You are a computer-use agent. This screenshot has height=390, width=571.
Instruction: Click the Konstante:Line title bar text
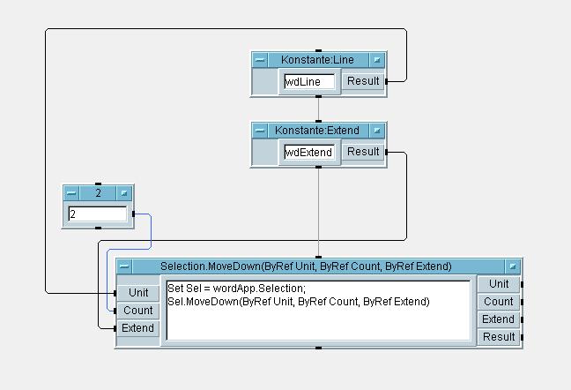(317, 60)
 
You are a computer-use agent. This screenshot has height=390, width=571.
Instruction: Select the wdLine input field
(308, 81)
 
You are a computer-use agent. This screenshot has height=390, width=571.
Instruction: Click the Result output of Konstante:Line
(362, 81)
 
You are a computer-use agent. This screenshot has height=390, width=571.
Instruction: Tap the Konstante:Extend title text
(317, 131)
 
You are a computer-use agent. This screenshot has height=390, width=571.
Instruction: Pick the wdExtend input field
(308, 152)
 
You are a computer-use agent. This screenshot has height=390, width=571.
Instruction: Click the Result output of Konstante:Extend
(362, 152)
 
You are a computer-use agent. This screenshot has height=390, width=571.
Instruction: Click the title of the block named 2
(98, 192)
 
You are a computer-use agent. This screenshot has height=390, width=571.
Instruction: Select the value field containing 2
(97, 214)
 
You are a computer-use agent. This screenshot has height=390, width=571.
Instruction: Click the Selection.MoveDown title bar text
(306, 266)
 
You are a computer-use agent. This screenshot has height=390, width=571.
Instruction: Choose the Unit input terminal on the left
(138, 293)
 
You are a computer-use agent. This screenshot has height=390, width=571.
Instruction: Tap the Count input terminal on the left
(138, 311)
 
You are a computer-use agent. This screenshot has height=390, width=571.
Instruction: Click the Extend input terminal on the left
(138, 328)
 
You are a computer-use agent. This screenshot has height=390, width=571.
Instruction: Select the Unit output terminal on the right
(499, 284)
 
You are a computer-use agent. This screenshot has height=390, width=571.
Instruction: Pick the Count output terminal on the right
(499, 302)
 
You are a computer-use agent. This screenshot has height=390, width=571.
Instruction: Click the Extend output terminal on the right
(499, 319)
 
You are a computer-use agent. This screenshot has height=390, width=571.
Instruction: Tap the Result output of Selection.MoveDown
(499, 337)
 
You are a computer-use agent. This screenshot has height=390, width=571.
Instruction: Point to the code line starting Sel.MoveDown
(299, 302)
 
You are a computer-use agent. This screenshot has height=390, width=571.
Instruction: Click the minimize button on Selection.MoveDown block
(125, 266)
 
